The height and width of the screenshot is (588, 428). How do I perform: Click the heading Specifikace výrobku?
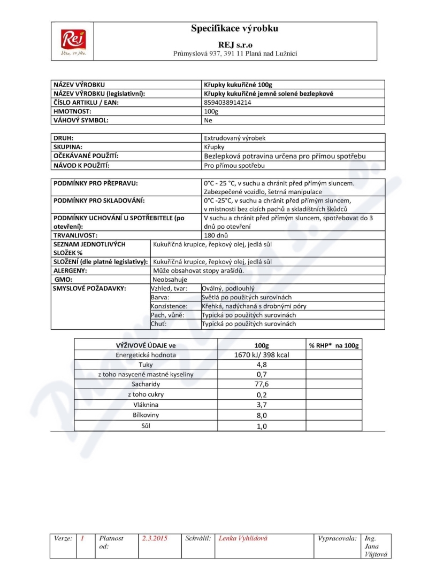click(x=235, y=29)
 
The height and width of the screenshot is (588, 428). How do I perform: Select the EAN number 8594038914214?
click(x=228, y=102)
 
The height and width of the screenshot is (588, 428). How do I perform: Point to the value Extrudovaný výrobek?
click(x=235, y=138)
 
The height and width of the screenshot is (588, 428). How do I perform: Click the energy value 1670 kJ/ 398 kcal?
click(x=262, y=355)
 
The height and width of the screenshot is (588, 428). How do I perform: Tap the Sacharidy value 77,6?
click(x=262, y=384)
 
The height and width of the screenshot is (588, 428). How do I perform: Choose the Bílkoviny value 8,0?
click(x=262, y=415)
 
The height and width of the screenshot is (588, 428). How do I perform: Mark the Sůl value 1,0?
click(x=262, y=426)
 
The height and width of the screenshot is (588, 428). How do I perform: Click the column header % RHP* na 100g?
click(x=333, y=345)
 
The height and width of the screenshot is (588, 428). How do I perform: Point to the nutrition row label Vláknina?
click(x=146, y=405)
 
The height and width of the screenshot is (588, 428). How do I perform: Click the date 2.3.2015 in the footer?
click(x=155, y=538)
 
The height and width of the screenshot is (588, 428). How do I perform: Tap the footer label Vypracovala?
click(x=337, y=538)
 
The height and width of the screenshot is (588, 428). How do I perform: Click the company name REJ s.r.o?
click(x=235, y=44)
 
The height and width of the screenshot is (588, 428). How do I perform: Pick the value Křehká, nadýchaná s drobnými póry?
click(x=254, y=306)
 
